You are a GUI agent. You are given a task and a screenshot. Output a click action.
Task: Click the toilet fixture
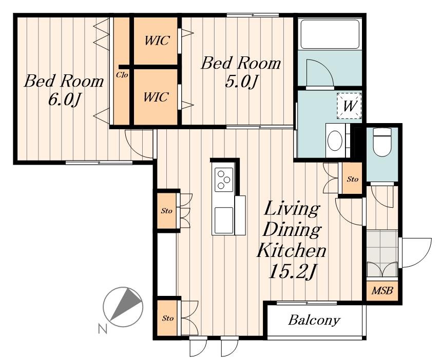coord(382,142)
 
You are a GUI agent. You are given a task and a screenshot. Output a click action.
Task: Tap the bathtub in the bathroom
coord(330,34)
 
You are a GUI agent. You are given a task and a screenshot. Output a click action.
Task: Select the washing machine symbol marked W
coord(349,106)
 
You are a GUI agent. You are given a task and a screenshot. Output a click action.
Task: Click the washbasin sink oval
coord(335,140)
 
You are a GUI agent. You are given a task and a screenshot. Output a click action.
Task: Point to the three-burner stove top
coord(224,179)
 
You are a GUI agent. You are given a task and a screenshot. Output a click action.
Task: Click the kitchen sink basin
coord(224,221)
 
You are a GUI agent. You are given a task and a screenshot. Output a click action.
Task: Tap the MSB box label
coord(382,290)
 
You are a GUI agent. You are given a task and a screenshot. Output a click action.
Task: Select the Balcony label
coord(314,320)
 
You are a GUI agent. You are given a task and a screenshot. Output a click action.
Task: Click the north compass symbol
coord(123,307)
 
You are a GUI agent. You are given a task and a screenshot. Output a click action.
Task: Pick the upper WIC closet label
coord(157,41)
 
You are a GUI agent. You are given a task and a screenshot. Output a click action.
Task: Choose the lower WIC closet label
coord(156,97)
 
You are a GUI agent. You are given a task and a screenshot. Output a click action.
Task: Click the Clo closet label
coord(122,75)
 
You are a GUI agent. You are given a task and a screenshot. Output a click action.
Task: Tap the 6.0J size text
coord(65,99)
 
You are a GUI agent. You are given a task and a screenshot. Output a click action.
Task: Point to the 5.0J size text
coord(241,82)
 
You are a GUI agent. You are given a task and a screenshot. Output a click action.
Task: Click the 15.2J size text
coord(293,271)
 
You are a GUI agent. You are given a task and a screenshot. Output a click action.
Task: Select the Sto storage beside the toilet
coord(352,178)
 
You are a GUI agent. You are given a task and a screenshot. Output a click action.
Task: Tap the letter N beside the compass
coord(103,329)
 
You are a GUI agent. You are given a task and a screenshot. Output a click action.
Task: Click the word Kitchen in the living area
coord(292,250)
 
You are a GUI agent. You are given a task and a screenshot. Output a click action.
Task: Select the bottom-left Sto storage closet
coord(167,318)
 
